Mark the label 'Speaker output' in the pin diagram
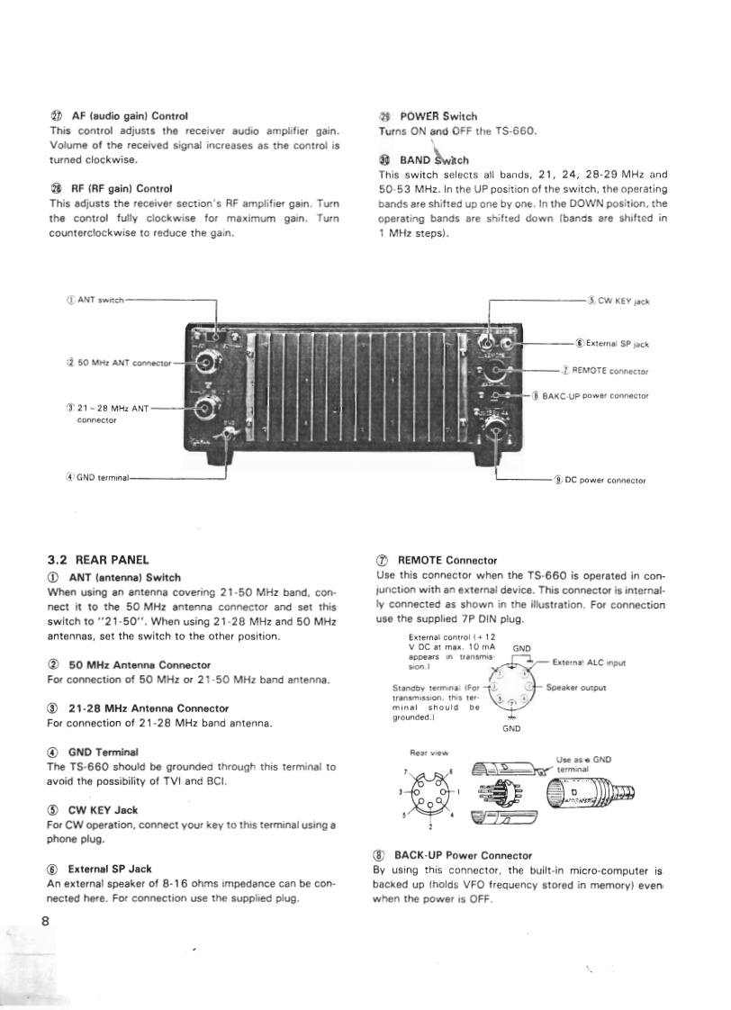click(576, 688)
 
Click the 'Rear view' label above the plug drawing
click(424, 753)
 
